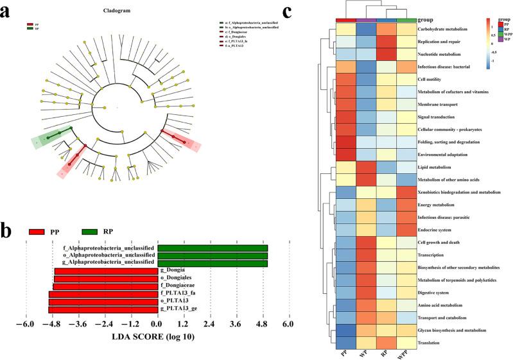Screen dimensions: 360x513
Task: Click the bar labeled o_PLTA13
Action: pos(103,302)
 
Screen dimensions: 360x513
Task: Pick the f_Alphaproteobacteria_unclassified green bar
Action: pos(213,248)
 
